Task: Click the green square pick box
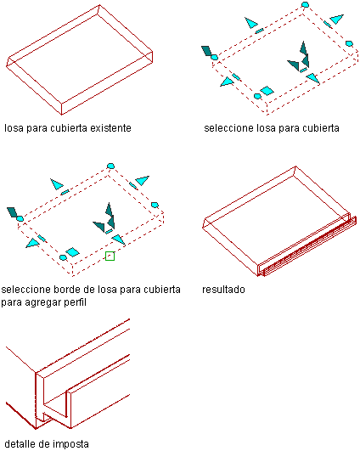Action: [x=110, y=256]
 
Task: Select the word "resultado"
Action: [x=223, y=289]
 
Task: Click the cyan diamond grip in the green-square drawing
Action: [x=72, y=252]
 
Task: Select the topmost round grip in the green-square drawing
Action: [x=110, y=166]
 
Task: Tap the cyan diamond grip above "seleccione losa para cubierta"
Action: [x=267, y=91]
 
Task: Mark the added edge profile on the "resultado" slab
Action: [x=307, y=246]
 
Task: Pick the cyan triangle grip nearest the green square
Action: [x=119, y=240]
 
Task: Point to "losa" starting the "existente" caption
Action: [x=14, y=127]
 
